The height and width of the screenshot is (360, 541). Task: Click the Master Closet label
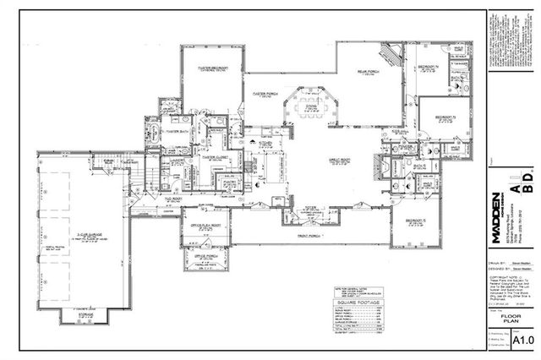point(215,156)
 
